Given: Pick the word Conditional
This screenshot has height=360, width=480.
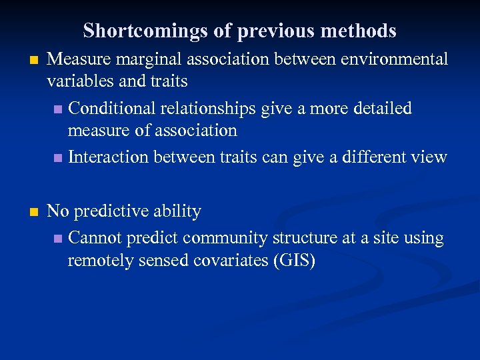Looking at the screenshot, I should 112,108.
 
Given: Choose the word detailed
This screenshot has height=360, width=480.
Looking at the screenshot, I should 379,108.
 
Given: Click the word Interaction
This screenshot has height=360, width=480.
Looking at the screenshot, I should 109,157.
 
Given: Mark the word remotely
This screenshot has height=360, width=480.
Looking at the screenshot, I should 100,261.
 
